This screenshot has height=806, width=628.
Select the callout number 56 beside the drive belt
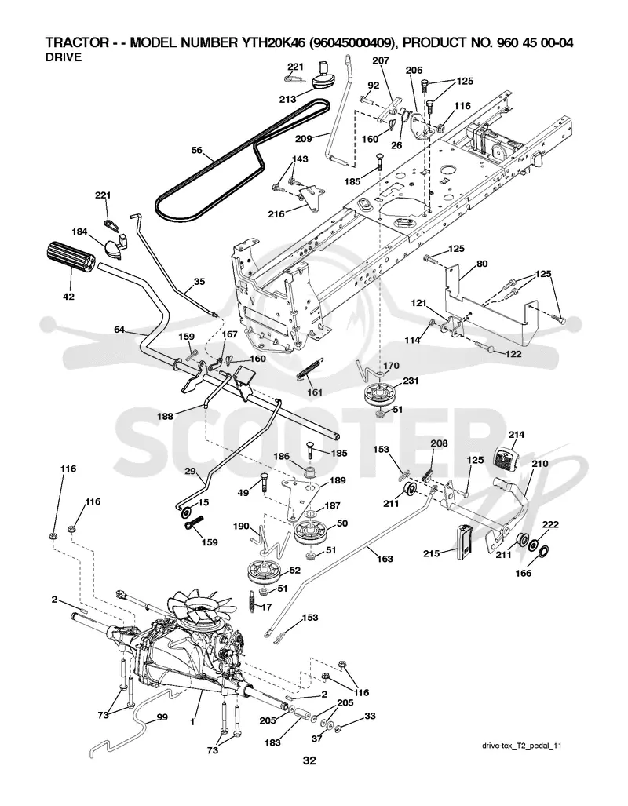pos(196,151)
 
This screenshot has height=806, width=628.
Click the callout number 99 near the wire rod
pos(162,717)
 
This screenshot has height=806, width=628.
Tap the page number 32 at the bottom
pos(309,760)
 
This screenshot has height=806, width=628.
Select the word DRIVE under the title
pos(64,57)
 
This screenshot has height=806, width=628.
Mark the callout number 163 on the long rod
pos(385,559)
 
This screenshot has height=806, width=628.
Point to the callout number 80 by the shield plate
pos(482,264)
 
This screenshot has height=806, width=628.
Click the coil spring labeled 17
pos(251,600)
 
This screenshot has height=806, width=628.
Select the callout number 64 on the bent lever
pos(119,330)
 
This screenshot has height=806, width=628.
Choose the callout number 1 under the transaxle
pos(192,722)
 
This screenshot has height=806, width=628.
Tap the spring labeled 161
pos(306,369)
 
